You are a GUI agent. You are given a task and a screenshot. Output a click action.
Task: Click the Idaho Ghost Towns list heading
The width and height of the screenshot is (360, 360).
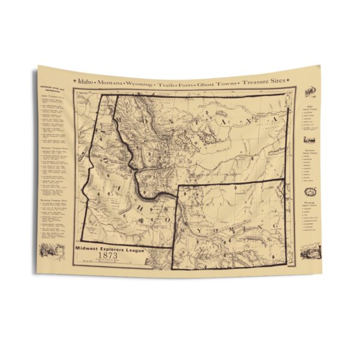tap(310, 108)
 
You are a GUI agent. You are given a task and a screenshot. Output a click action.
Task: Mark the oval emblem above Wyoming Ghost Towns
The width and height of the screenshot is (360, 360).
tap(310, 191)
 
